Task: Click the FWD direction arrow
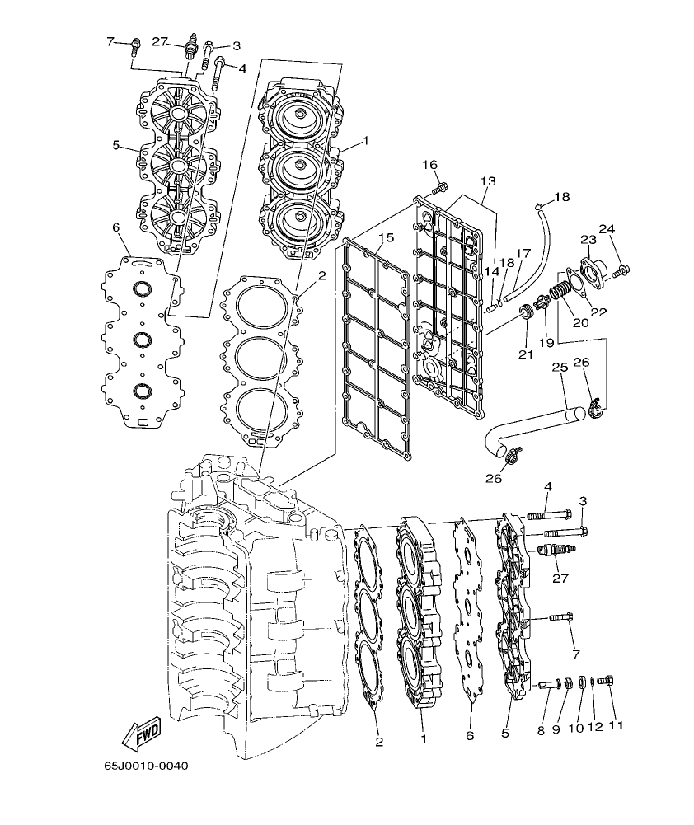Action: click(140, 731)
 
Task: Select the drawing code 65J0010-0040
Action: click(147, 766)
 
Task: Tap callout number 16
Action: click(430, 165)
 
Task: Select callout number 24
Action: click(607, 229)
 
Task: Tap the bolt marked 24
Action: click(621, 268)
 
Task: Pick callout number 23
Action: click(588, 240)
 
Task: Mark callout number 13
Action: click(488, 180)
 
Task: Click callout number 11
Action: click(614, 725)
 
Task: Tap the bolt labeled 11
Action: click(608, 682)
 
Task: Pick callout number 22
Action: click(598, 312)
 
